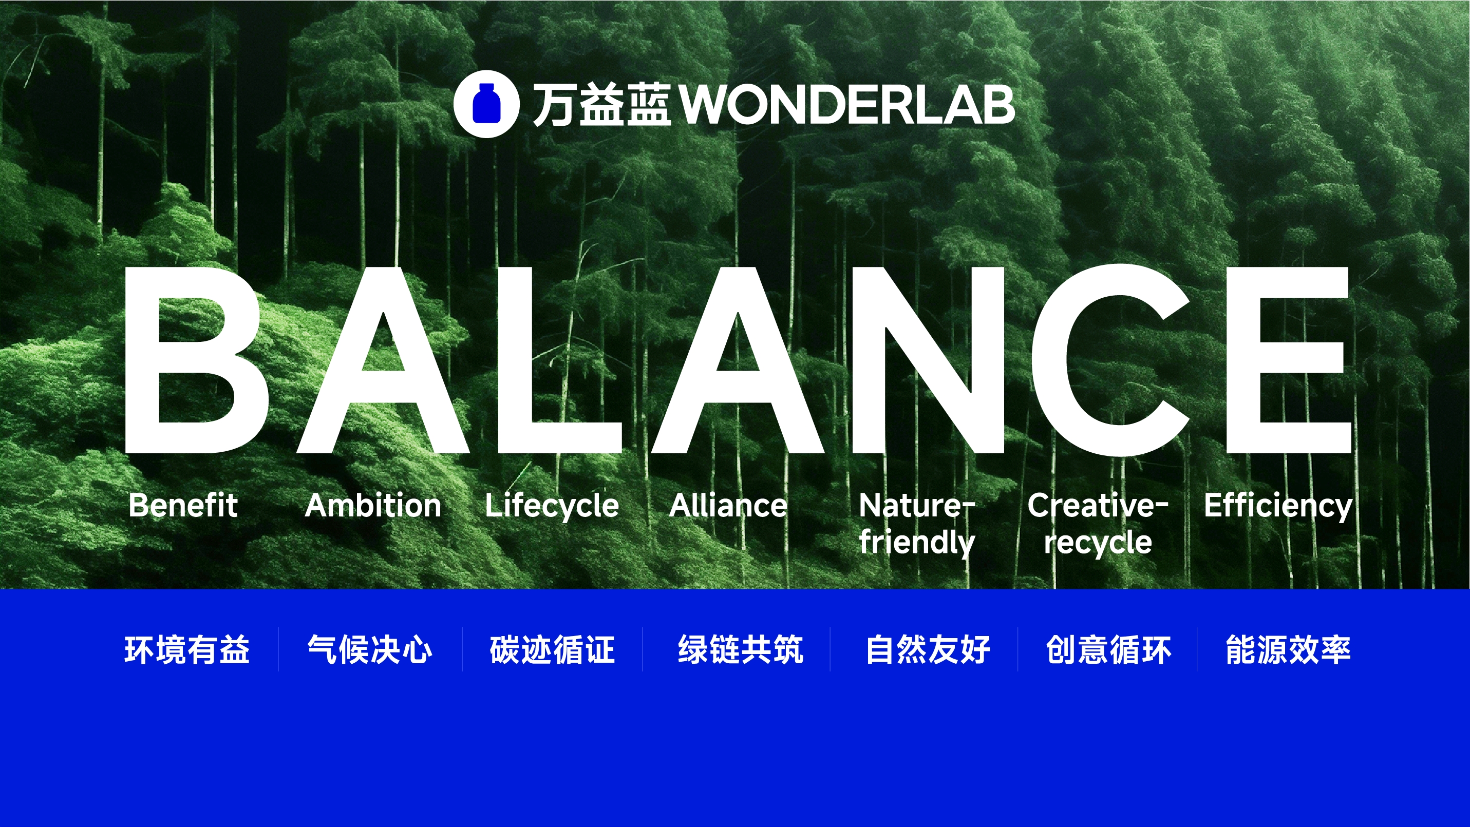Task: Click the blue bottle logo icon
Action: pos(486,104)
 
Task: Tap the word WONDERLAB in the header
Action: pos(848,104)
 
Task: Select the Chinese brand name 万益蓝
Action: pos(601,104)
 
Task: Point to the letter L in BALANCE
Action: pos(560,360)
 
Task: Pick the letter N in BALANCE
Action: pos(928,360)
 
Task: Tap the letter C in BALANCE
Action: pos(1111,360)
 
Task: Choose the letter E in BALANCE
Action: pos(1289,360)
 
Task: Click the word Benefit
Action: pos(183,505)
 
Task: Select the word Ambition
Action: pos(373,505)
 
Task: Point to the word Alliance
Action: pos(728,505)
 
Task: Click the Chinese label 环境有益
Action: pos(187,649)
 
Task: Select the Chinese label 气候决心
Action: pos(370,649)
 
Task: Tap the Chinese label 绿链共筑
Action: pos(741,649)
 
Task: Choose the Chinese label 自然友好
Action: pos(928,649)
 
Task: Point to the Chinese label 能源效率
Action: pos(1289,649)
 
